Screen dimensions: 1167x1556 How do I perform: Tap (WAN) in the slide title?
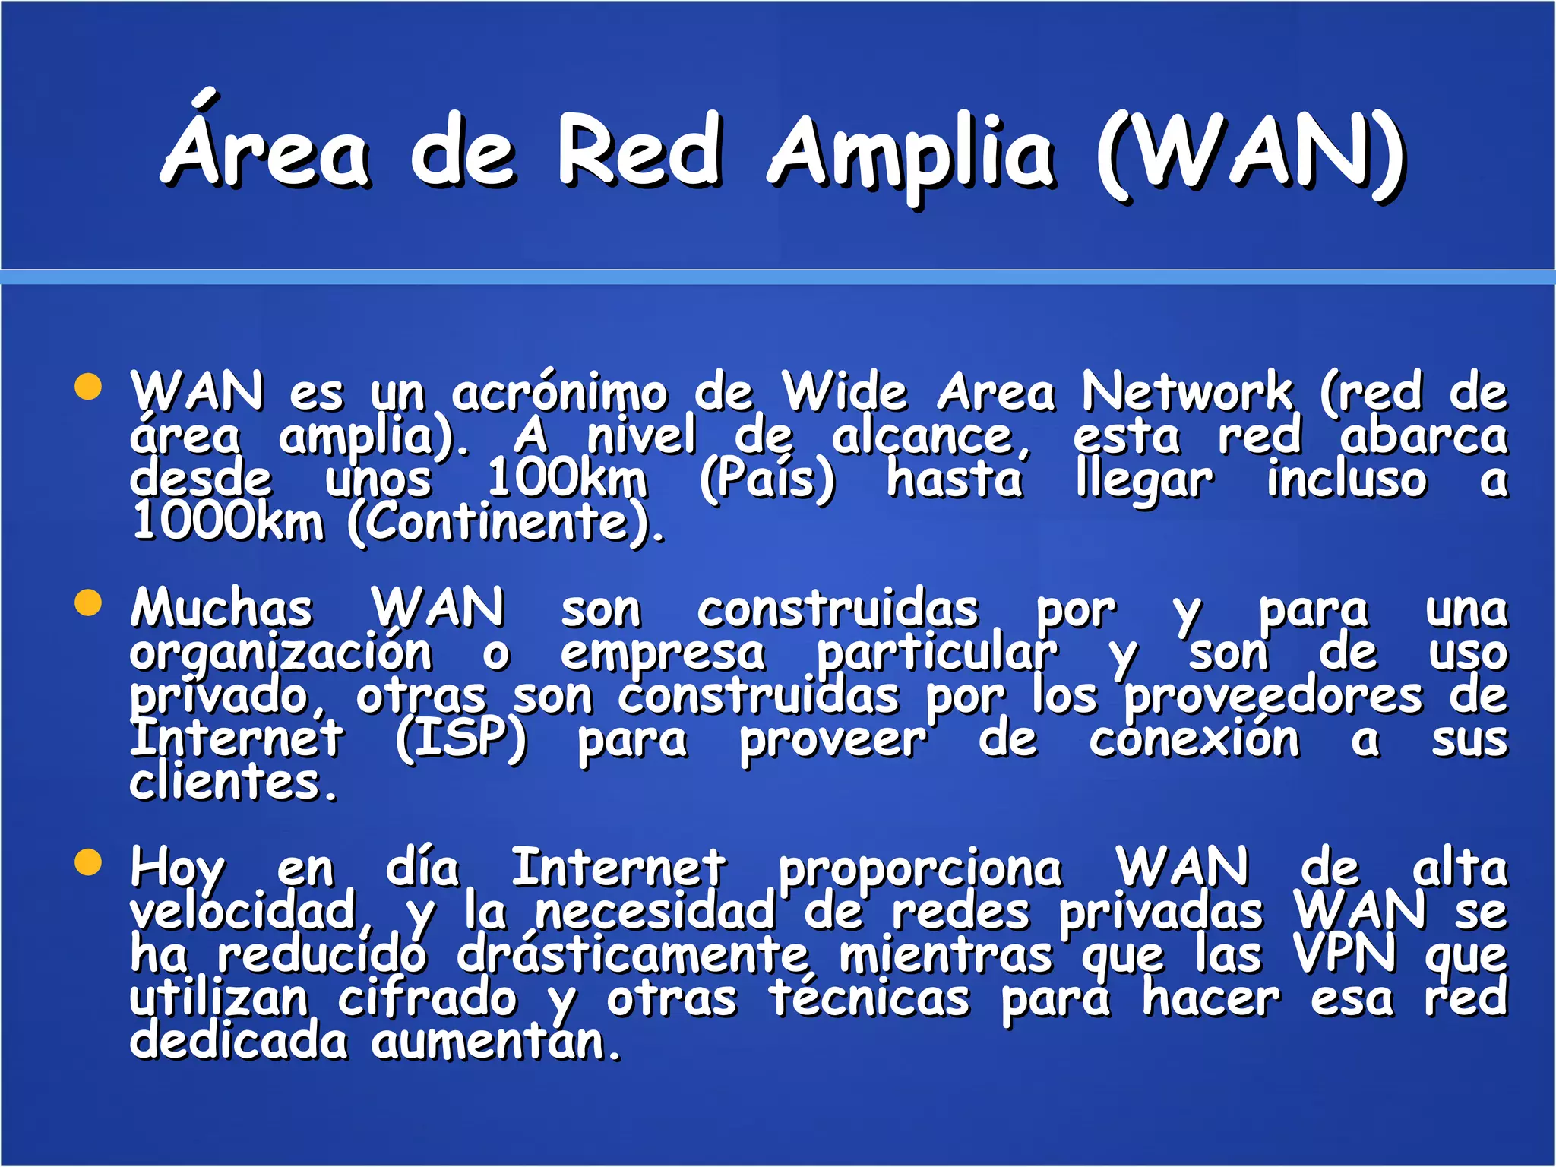(x=1251, y=152)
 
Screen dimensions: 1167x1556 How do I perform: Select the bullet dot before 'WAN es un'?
(x=89, y=386)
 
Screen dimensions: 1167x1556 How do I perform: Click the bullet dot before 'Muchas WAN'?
(x=89, y=604)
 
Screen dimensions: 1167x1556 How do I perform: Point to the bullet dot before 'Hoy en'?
(x=89, y=863)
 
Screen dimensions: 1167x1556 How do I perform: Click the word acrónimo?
(x=559, y=394)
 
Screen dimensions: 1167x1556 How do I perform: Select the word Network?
(x=1186, y=392)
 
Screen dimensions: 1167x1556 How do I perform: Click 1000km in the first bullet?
(x=227, y=523)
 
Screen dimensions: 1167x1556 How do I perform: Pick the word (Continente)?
(x=506, y=523)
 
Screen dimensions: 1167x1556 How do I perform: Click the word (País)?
(x=767, y=480)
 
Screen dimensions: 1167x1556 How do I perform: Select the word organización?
(x=280, y=653)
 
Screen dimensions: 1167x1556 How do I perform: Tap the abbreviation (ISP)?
(x=460, y=738)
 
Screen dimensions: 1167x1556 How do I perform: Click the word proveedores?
(x=1273, y=697)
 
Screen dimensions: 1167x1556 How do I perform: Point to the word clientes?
(x=232, y=783)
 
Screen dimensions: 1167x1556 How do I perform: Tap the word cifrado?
(x=427, y=998)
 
